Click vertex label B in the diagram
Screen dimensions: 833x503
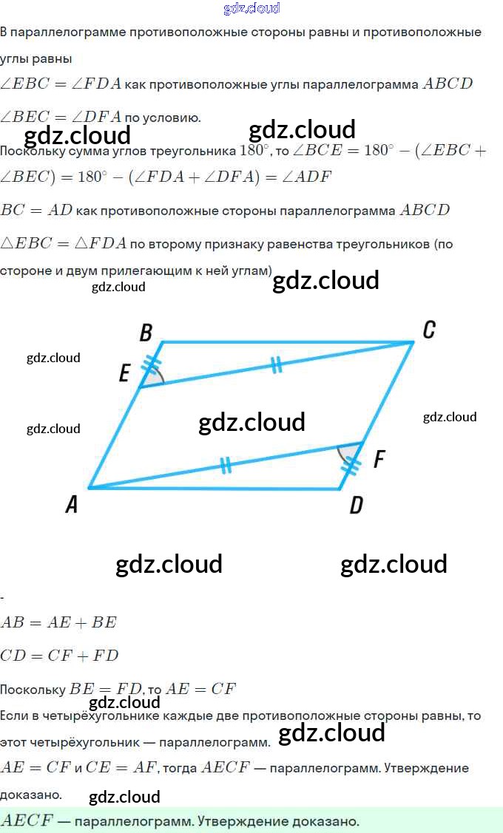coord(146,333)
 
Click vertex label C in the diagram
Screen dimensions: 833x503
coord(428,330)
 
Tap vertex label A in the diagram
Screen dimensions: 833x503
coord(72,505)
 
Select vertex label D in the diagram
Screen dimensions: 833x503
coord(356,506)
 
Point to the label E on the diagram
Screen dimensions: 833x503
coord(124,374)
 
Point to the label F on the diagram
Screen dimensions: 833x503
coord(379,460)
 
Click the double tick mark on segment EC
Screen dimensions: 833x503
coord(276,364)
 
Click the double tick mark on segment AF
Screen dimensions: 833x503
coord(226,465)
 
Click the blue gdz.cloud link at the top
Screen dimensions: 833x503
coord(251,8)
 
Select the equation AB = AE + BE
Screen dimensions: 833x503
coord(58,622)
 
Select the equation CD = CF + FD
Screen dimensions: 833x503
coord(59,656)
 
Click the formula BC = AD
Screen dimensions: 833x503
coord(36,210)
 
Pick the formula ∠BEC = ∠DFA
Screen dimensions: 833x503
coord(61,117)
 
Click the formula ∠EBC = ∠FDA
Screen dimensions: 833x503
coord(61,84)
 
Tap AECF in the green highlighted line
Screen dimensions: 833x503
coord(26,820)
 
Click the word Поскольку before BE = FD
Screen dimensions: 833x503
coord(33,690)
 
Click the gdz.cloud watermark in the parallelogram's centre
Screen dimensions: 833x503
coord(251,422)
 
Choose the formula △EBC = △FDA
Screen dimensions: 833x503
coord(63,244)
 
